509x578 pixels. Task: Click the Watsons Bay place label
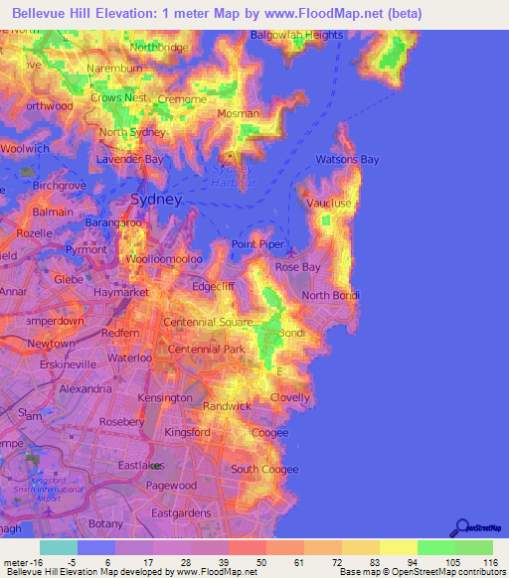[347, 159]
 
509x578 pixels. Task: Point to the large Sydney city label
[156, 200]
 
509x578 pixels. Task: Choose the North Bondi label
[330, 295]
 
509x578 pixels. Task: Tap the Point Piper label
[258, 244]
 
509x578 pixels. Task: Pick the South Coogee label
[258, 469]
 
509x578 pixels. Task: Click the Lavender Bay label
[129, 159]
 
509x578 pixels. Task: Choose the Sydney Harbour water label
[236, 176]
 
